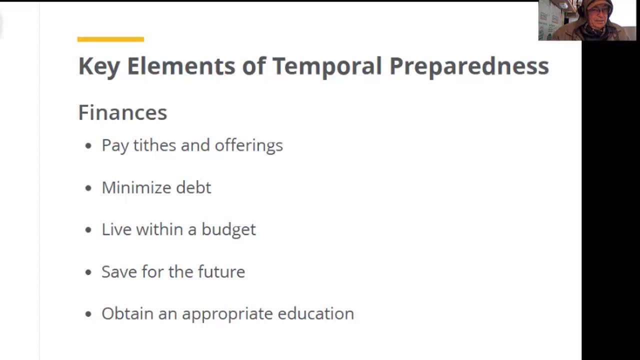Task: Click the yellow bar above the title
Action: [x=110, y=39]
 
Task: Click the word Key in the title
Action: [x=99, y=66]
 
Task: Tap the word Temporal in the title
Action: [x=327, y=66]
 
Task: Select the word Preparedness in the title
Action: [x=469, y=66]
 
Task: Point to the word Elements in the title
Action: [x=181, y=66]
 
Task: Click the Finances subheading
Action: [x=122, y=112]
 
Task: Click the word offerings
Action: [x=248, y=145]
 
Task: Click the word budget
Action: [x=228, y=229]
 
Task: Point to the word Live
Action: [x=116, y=229]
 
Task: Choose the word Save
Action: [x=119, y=271]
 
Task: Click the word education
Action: [x=315, y=313]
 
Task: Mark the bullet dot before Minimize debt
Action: [x=88, y=188]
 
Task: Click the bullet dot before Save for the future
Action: [x=88, y=272]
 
